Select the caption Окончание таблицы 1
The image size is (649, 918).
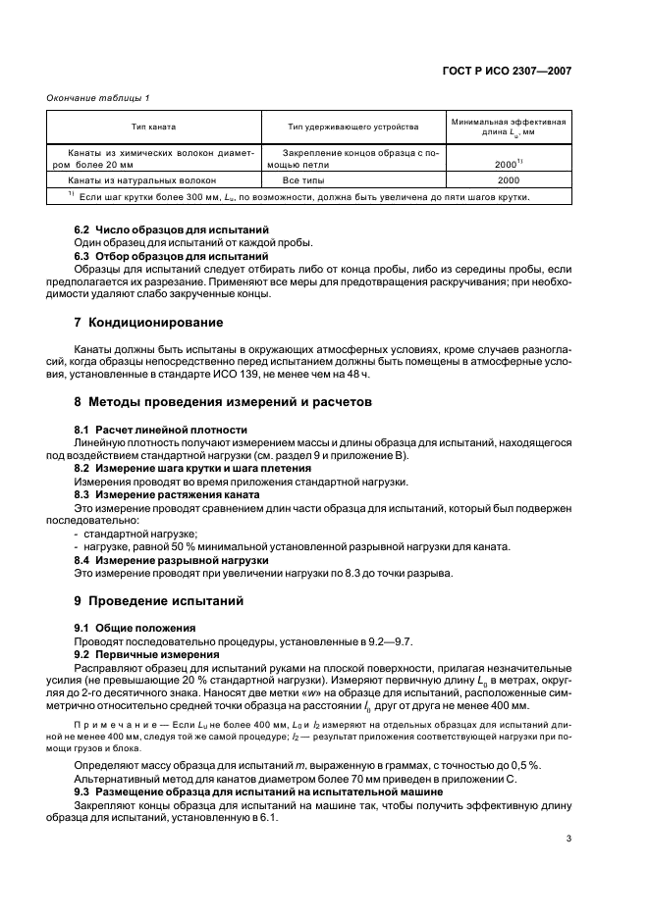click(97, 96)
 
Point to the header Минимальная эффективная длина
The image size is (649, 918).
click(508, 127)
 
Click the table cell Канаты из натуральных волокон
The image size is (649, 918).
click(141, 180)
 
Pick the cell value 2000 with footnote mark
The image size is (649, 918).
click(508, 165)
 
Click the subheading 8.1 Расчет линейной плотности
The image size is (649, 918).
click(160, 430)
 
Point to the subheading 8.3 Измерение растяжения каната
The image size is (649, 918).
click(167, 495)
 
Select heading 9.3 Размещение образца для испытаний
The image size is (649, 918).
click(259, 790)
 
